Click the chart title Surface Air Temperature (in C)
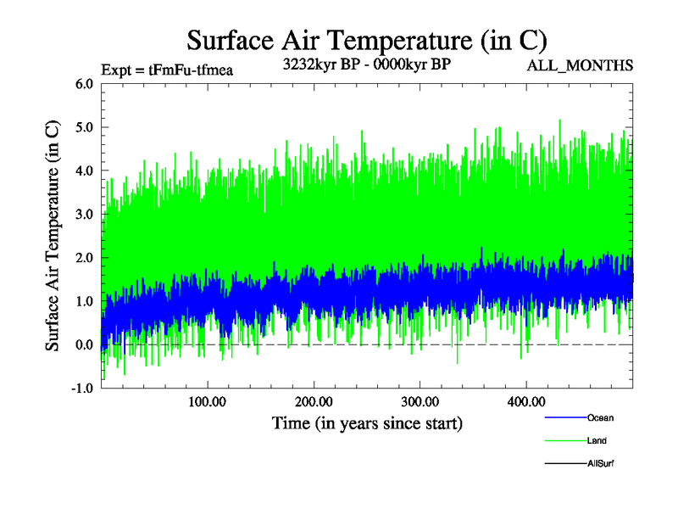point(367,41)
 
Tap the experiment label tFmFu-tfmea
point(166,70)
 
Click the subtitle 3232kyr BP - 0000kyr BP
point(366,63)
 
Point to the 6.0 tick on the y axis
point(84,84)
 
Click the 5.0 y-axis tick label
point(84,127)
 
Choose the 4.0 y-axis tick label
point(84,171)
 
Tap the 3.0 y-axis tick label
point(84,215)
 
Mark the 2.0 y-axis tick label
point(84,258)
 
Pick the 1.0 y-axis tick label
point(84,301)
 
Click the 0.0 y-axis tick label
point(84,344)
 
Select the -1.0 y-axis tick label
point(82,389)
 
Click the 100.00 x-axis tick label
point(207,400)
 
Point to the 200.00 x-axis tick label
point(313,400)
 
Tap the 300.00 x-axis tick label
point(419,400)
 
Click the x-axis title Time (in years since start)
point(367,422)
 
